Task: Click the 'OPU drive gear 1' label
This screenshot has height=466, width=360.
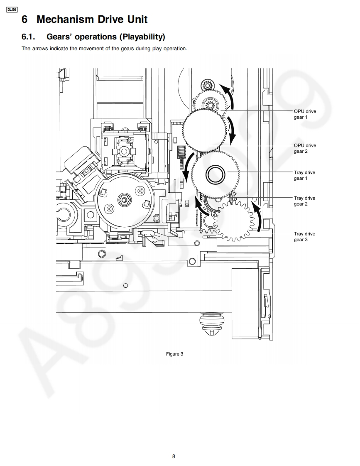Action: click(305, 114)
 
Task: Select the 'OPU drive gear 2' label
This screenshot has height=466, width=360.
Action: click(305, 148)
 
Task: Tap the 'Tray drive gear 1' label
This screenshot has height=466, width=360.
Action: click(304, 175)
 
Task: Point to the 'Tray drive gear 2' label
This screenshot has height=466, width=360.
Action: click(304, 201)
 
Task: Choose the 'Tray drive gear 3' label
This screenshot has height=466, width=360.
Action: click(304, 237)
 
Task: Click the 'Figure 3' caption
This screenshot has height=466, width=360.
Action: click(175, 354)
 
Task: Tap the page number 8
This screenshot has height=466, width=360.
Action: click(174, 456)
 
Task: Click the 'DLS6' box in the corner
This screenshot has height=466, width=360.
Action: click(12, 10)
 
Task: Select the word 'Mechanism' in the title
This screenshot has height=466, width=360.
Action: click(65, 20)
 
